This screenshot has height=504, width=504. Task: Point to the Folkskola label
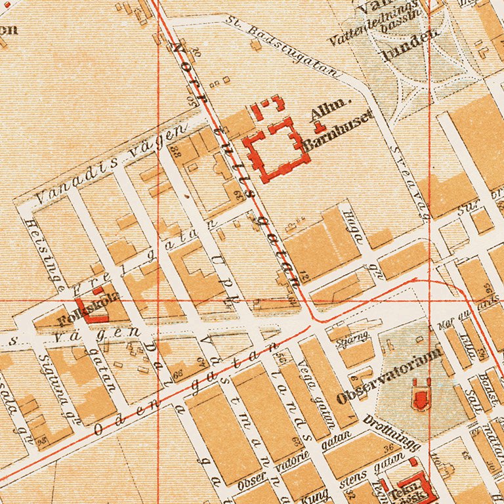tap(89, 308)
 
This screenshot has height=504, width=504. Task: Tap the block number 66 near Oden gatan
tap(179, 371)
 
